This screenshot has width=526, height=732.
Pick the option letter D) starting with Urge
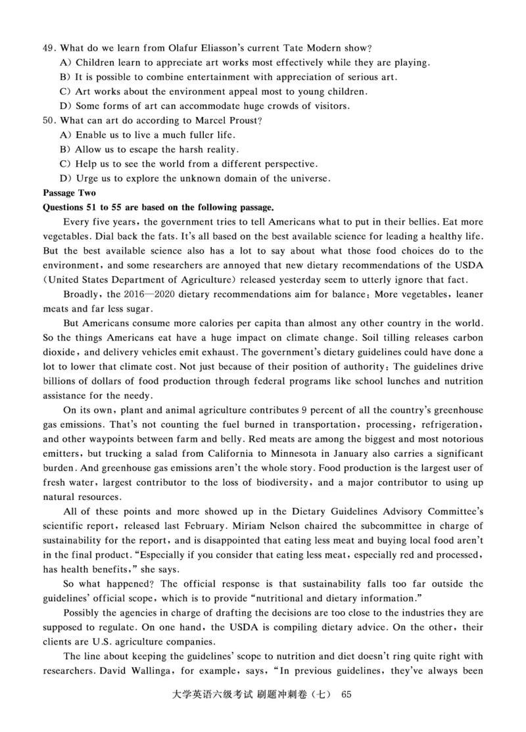pyautogui.click(x=65, y=178)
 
